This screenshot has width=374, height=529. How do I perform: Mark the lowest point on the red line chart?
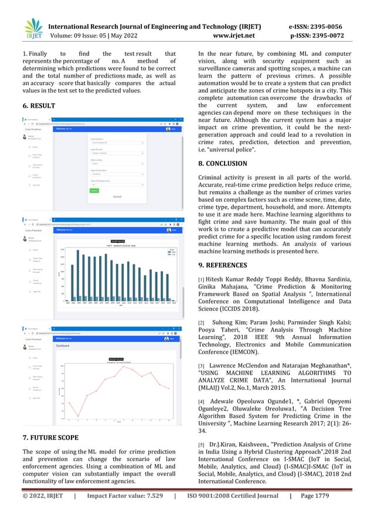[x=78, y=416]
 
